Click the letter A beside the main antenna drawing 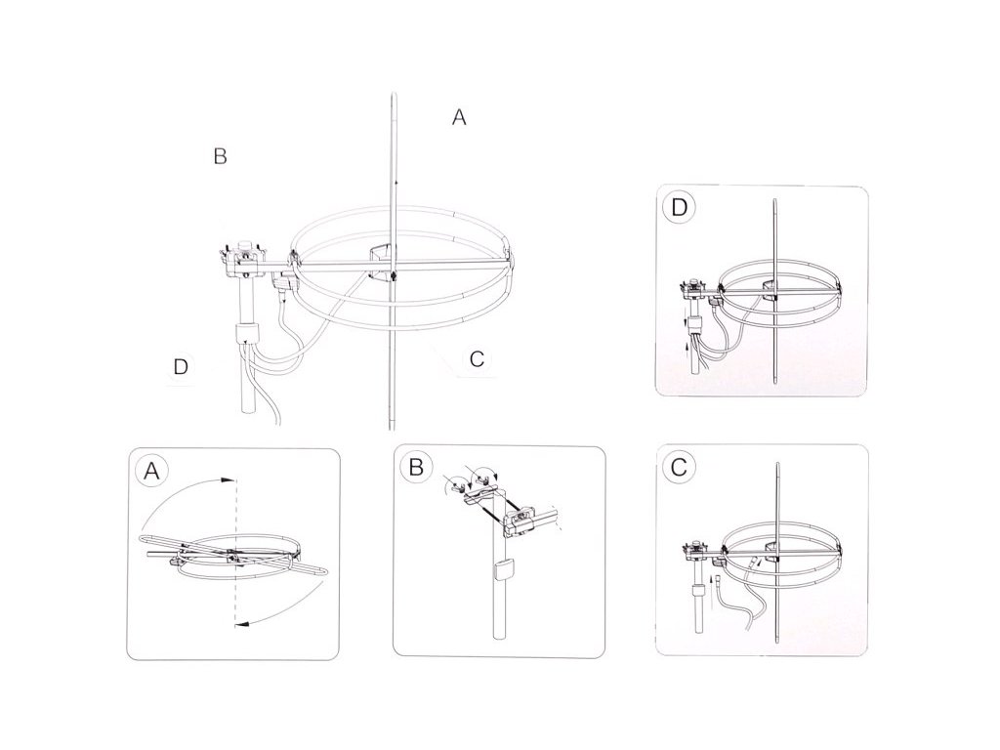coord(459,117)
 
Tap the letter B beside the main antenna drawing coord(220,156)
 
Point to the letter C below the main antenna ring coord(477,359)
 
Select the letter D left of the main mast coord(181,367)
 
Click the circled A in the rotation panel coord(151,471)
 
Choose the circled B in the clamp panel coord(416,468)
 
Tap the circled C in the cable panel coord(679,468)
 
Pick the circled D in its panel coord(680,208)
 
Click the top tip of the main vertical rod coord(394,95)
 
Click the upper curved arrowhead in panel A coord(227,479)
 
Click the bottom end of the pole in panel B coord(502,638)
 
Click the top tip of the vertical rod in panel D coord(775,200)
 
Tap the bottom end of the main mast coord(247,411)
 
